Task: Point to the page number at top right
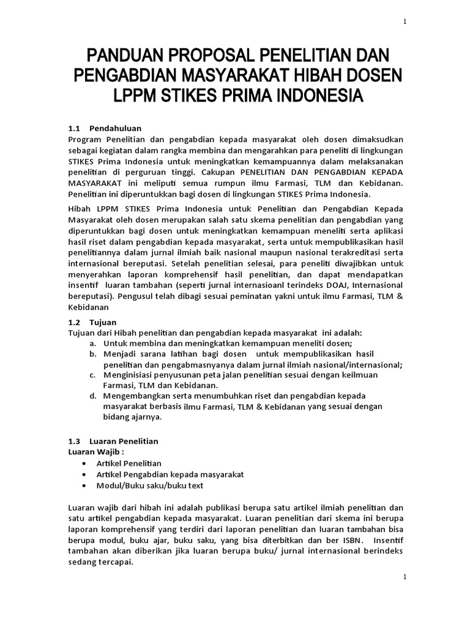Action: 404,22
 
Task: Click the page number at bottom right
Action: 404,577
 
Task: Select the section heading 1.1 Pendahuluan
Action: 104,128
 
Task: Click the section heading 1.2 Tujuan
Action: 92,322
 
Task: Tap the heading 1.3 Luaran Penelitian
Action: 113,441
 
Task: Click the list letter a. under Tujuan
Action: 92,344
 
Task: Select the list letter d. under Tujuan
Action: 92,396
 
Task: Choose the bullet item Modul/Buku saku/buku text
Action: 149,486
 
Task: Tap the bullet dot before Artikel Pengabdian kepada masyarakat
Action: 83,475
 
